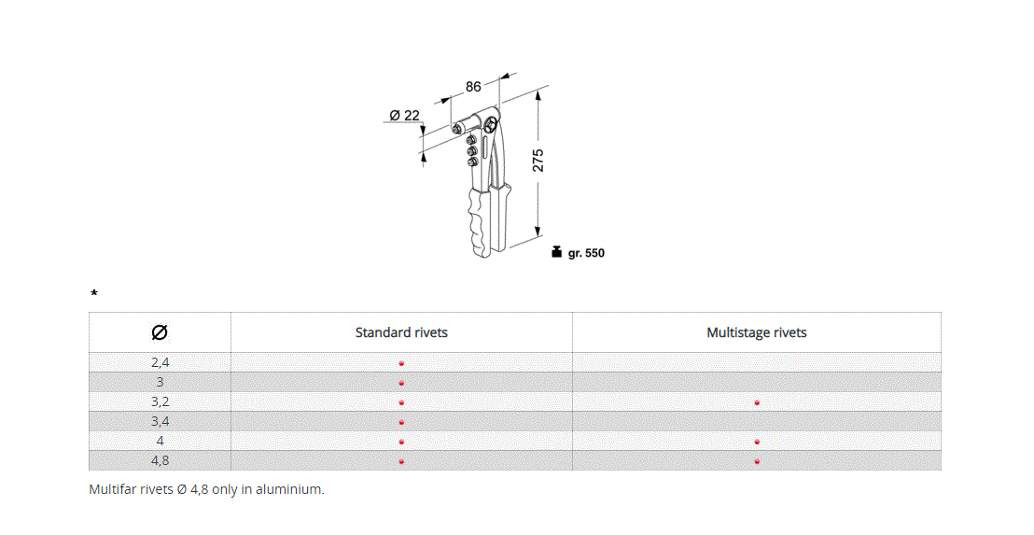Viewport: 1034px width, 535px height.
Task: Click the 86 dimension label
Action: click(473, 87)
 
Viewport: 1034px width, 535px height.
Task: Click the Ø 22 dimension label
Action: click(404, 115)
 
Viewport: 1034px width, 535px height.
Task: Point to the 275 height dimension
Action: click(538, 160)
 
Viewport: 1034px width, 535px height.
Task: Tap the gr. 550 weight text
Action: click(586, 253)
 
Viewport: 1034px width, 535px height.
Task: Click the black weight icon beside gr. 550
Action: click(556, 252)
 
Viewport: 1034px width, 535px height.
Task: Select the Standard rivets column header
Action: click(401, 332)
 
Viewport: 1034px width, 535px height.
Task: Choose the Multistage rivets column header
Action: click(756, 332)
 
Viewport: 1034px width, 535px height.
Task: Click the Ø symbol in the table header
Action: click(160, 332)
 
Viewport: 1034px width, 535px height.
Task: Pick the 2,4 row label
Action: click(160, 362)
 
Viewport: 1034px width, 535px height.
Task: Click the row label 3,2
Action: click(160, 401)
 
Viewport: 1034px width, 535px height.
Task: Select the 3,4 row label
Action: click(160, 421)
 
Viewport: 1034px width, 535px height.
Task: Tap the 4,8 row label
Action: click(160, 460)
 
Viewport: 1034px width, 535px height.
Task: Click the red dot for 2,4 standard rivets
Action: click(401, 363)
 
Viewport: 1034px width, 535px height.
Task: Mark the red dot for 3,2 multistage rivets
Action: click(757, 402)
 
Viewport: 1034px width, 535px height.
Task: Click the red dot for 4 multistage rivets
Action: click(757, 442)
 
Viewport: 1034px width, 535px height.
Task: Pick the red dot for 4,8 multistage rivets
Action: click(757, 461)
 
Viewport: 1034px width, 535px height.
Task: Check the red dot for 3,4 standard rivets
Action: click(401, 422)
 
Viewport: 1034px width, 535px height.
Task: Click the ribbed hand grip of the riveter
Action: click(478, 219)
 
